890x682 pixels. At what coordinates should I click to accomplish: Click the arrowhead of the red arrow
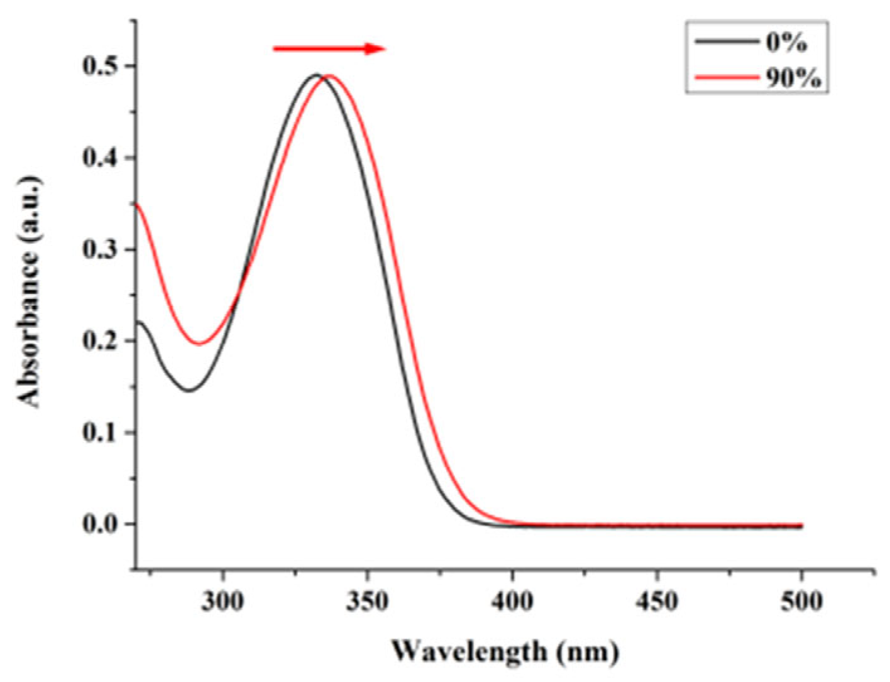pyautogui.click(x=376, y=48)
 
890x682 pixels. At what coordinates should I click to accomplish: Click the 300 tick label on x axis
pyautogui.click(x=223, y=601)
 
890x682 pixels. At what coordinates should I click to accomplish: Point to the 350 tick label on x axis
pyautogui.click(x=368, y=601)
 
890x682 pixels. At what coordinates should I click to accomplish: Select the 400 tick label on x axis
pyautogui.click(x=512, y=601)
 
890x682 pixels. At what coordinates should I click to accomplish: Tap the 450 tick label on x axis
pyautogui.click(x=657, y=601)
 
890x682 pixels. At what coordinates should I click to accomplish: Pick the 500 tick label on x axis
pyautogui.click(x=801, y=601)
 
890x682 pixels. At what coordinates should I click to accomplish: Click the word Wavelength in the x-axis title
pyautogui.click(x=469, y=651)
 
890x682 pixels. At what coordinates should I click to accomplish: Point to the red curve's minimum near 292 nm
pyautogui.click(x=199, y=344)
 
